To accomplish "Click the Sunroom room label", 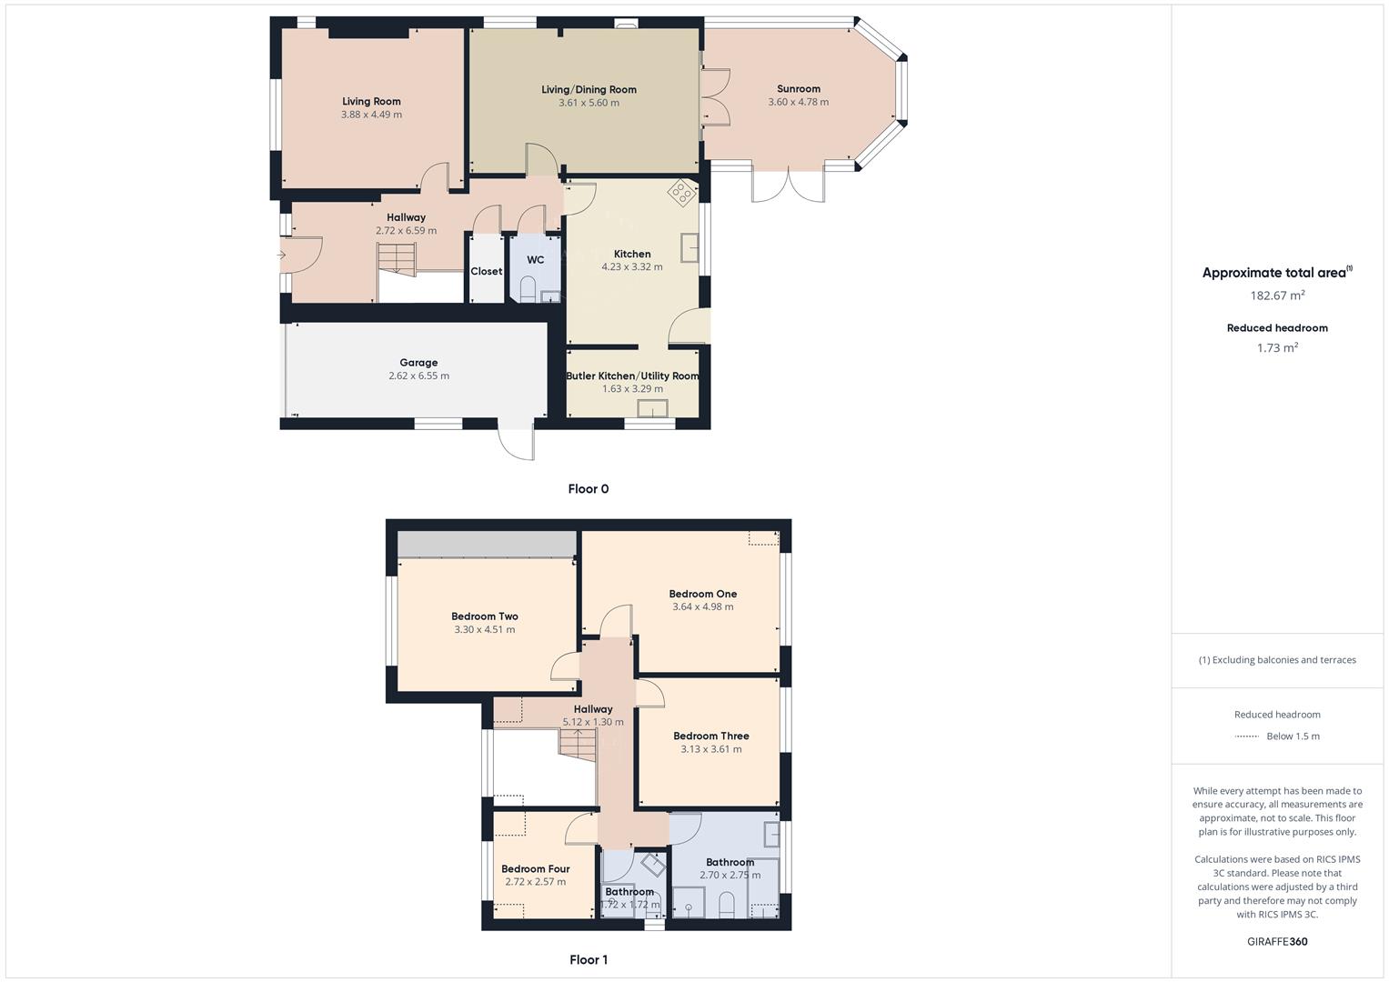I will pos(798,89).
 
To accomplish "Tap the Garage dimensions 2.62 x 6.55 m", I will pos(418,376).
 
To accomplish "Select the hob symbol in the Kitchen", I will pos(681,192).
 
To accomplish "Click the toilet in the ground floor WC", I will pos(528,290).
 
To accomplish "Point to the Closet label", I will pos(486,271).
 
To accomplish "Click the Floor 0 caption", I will pos(588,489).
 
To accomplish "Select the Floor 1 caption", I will pos(588,959).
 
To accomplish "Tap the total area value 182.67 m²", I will pos(1277,296).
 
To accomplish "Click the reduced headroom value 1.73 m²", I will pos(1277,347).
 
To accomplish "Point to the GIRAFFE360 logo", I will pos(1277,941).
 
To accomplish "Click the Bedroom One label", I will pos(702,594).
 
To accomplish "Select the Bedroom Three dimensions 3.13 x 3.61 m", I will pos(710,749).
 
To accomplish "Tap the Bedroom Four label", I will pos(535,868).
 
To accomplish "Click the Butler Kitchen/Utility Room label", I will pos(632,376).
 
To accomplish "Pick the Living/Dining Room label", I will pos(589,89).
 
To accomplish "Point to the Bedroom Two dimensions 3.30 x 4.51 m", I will pos(484,629).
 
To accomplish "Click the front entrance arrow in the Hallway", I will pos(282,256).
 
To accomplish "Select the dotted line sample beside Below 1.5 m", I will pos(1246,736).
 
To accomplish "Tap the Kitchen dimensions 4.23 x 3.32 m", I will pos(631,267).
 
